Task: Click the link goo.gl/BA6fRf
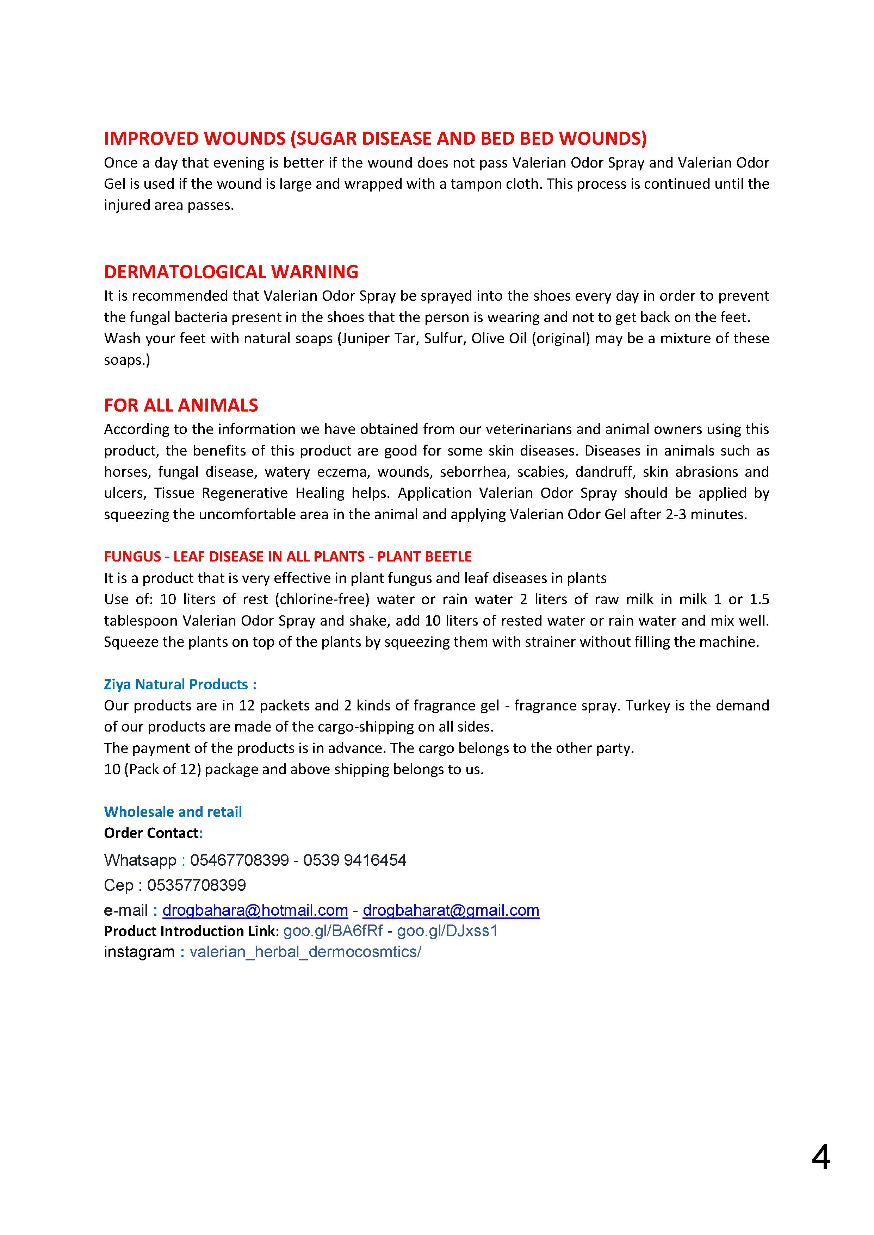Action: (333, 931)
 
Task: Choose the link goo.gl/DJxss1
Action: (447, 931)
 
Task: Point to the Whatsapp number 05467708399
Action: (240, 860)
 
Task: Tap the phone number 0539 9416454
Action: (355, 860)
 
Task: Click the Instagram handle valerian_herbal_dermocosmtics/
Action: (305, 952)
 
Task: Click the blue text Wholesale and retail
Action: (173, 812)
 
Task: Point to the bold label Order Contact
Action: (151, 833)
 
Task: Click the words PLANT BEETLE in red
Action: (424, 557)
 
